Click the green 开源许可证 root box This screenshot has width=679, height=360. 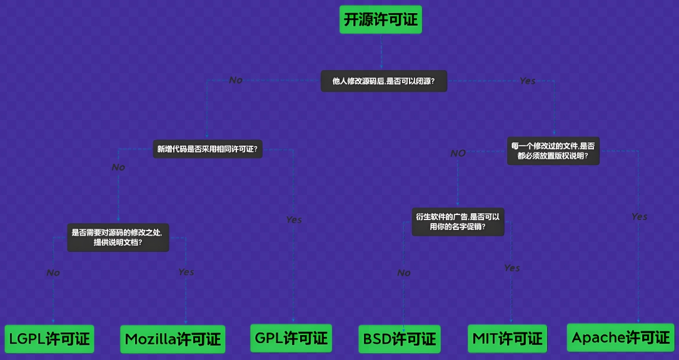tap(381, 20)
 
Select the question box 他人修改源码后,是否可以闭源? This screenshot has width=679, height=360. tap(384, 81)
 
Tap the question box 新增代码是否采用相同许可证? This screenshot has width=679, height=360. tap(208, 149)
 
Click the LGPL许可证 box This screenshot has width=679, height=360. tap(49, 339)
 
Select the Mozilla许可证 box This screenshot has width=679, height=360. tap(173, 339)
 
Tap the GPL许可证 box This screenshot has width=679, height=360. tap(291, 338)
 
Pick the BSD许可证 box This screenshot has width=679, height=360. tap(399, 339)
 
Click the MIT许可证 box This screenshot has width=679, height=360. tap(507, 339)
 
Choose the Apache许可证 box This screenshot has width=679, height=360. tap(620, 338)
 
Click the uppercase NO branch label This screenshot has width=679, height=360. tap(458, 153)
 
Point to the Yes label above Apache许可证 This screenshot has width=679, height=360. tap(639, 216)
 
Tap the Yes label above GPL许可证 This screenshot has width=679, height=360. tap(294, 219)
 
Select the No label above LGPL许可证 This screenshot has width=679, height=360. tap(53, 272)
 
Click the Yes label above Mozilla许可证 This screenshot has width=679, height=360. tap(186, 272)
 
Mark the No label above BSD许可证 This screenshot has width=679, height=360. tap(404, 272)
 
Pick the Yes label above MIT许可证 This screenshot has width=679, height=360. tap(512, 267)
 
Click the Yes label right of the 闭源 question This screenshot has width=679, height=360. tap(528, 81)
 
